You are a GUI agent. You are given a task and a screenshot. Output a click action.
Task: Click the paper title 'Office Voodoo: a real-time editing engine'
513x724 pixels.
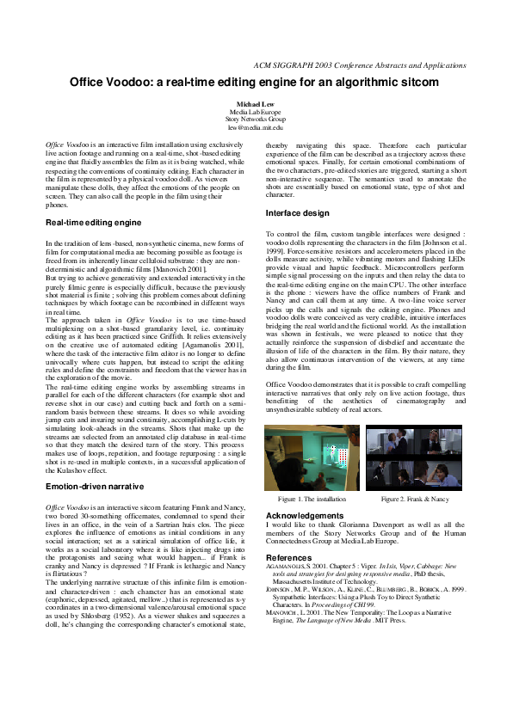tap(254, 83)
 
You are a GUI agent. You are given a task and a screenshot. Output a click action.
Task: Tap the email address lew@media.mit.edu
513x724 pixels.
tap(255, 127)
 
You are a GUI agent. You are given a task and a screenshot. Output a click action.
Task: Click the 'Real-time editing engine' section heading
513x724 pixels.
tap(93, 222)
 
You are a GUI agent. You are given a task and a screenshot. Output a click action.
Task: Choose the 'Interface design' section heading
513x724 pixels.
tap(297, 212)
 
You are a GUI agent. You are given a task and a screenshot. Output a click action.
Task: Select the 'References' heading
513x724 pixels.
tap(289, 557)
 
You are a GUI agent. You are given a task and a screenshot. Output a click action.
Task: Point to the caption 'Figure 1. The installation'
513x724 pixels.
tap(312, 499)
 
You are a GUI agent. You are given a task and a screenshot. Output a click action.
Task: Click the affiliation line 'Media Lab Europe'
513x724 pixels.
tap(255, 112)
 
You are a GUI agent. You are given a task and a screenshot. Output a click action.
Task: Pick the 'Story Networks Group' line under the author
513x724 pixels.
tap(255, 120)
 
